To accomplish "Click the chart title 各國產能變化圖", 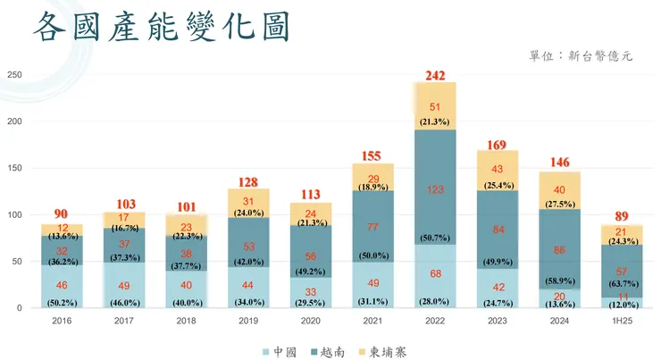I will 162,29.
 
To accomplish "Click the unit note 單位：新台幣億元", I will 581,55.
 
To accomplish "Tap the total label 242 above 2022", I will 435,76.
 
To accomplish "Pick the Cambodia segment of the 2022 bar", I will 435,106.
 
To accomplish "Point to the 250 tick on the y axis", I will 15,74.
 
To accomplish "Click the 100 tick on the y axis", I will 15,214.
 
